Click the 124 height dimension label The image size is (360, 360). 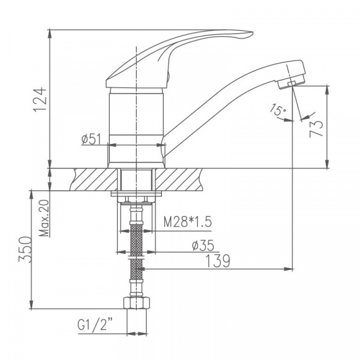coord(39,98)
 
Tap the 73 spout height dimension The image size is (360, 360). coord(317,127)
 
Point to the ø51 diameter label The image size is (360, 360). coord(90,140)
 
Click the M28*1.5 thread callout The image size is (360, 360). coord(188,223)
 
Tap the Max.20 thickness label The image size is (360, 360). coord(44,218)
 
